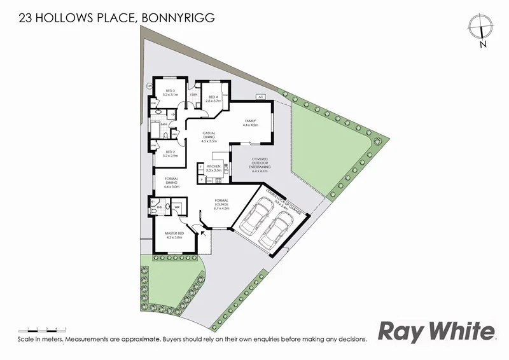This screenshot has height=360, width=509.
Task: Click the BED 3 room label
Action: pos(170,93)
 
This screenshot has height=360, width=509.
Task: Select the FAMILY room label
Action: pos(249,122)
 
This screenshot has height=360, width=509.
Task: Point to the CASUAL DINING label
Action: pos(209,137)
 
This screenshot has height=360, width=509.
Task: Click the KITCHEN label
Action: pos(213,168)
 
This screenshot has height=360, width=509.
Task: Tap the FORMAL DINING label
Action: pos(172,183)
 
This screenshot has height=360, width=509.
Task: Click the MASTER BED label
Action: pos(174,235)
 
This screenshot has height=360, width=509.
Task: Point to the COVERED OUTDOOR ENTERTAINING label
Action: pos(259,165)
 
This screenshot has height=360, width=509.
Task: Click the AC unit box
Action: pos(260,97)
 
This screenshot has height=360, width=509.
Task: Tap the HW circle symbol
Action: pos(150,86)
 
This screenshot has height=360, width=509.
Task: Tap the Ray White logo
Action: pos(436,331)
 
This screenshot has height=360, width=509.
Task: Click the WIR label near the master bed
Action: pos(178,207)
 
